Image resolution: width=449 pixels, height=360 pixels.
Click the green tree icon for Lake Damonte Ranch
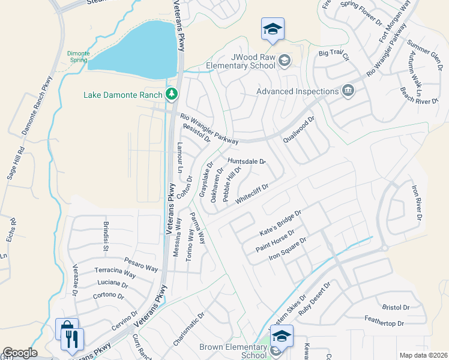[x=172, y=94]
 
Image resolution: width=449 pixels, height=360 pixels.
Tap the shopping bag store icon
[x=65, y=329]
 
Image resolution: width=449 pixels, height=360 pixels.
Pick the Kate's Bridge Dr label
[x=280, y=222]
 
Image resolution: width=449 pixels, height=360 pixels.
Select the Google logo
[x=19, y=353]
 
